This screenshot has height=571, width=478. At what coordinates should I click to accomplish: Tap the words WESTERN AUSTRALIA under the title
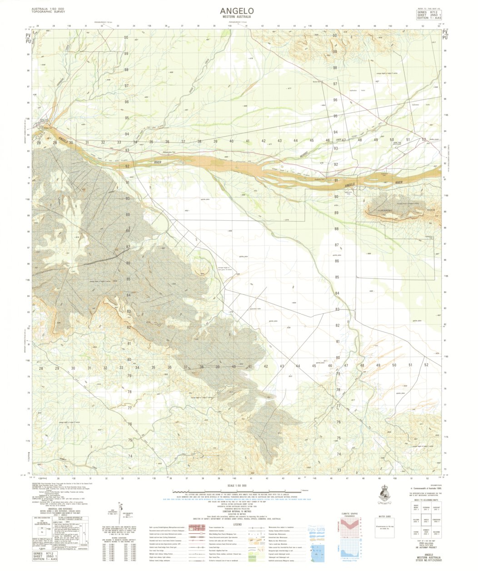(x=237, y=17)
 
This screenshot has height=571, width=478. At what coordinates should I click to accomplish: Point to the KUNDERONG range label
(x=387, y=211)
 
